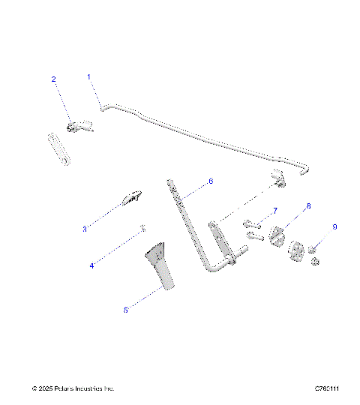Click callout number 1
pyautogui.click(x=88, y=76)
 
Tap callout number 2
pyautogui.click(x=53, y=79)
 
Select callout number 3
pyautogui.click(x=85, y=229)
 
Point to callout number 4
pyautogui.click(x=92, y=265)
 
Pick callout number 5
pyautogui.click(x=126, y=309)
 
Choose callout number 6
pyautogui.click(x=211, y=181)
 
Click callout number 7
pyautogui.click(x=275, y=211)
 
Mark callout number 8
pyautogui.click(x=308, y=205)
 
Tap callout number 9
pyautogui.click(x=335, y=226)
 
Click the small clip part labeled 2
pyautogui.click(x=81, y=127)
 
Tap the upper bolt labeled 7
pyautogui.click(x=250, y=223)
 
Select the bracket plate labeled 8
pyautogui.click(x=277, y=235)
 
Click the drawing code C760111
pyautogui.click(x=327, y=388)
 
